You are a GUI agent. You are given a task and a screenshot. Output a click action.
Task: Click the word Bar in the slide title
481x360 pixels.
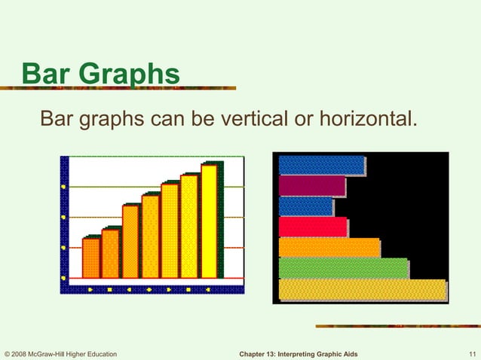49,75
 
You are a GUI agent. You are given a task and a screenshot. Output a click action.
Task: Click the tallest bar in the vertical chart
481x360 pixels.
209,221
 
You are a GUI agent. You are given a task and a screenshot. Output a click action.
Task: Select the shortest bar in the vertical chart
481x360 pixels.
90,258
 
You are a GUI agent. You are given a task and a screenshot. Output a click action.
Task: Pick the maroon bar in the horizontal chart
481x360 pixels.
311,185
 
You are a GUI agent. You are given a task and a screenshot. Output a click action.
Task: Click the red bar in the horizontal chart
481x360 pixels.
312,227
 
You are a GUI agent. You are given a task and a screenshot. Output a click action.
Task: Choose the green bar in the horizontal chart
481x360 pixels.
342,268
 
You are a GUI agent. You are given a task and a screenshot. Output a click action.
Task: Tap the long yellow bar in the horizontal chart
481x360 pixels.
362,290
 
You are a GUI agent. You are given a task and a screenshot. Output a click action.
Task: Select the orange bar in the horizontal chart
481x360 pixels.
329,248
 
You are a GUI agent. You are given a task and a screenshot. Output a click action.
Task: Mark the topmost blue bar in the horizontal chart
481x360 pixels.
321,165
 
